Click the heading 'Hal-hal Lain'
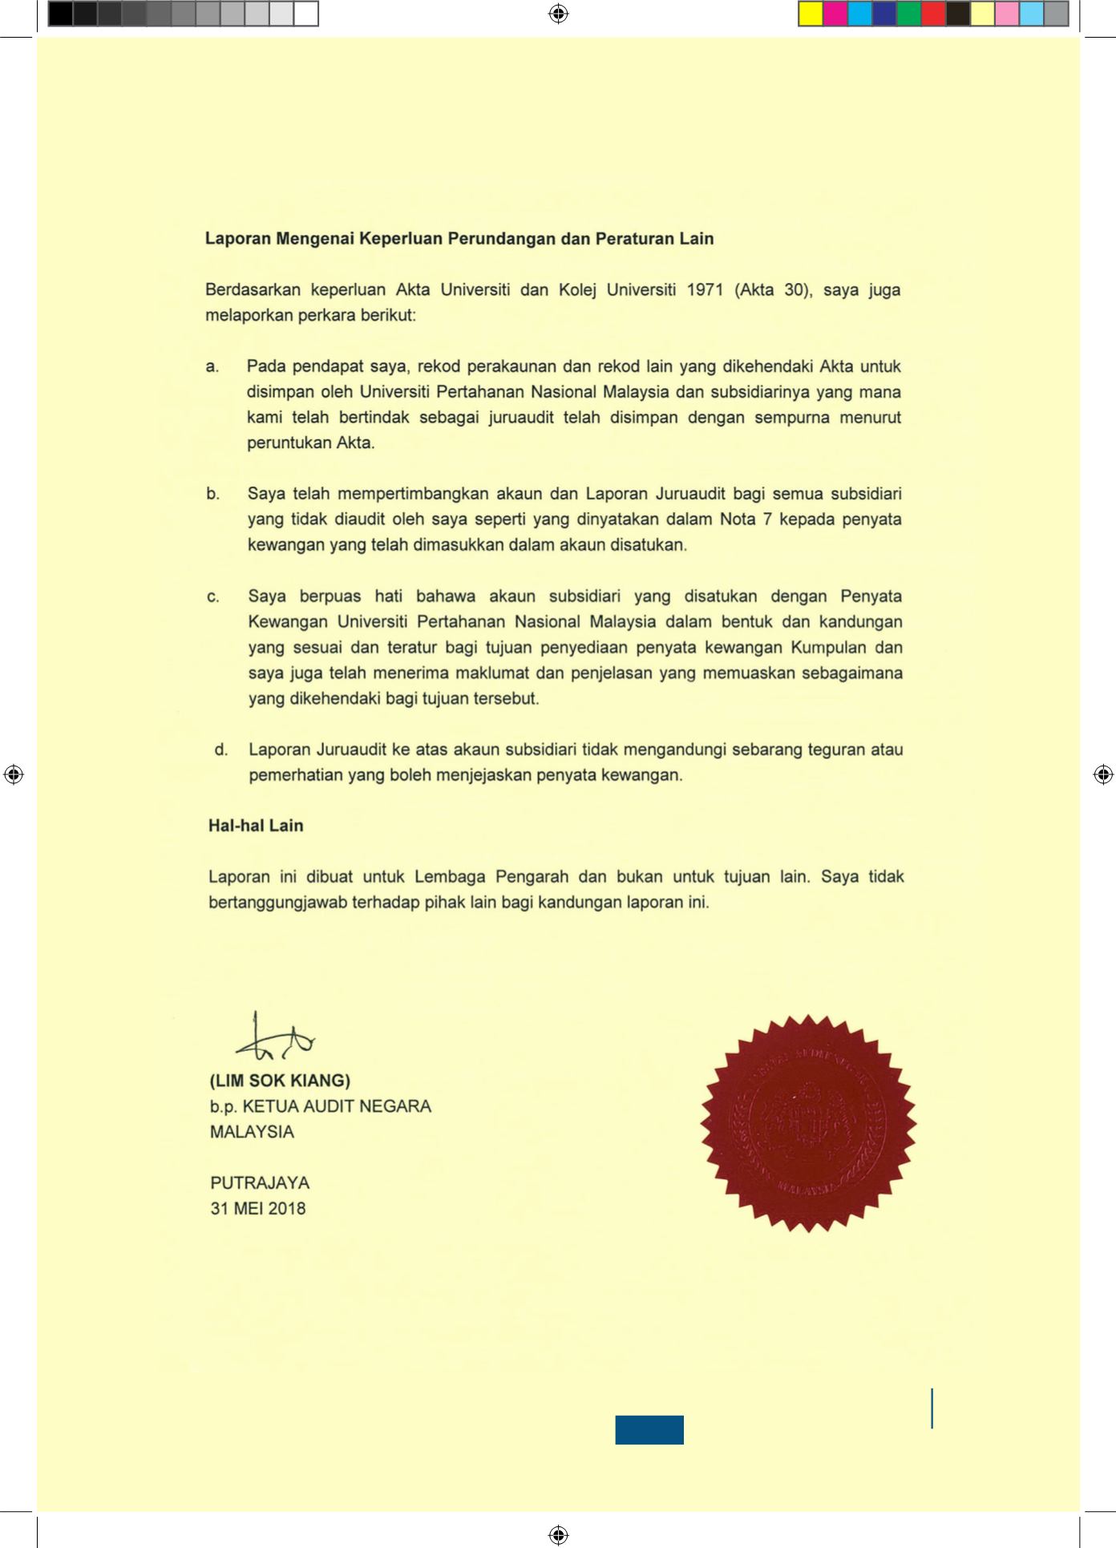point(256,826)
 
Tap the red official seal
point(808,1122)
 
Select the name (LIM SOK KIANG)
point(280,1081)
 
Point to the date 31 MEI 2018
point(257,1209)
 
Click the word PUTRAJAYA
point(260,1183)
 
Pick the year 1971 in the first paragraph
point(705,290)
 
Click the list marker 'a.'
point(212,367)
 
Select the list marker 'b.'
point(212,495)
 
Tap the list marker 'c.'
point(213,597)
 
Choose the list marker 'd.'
point(221,750)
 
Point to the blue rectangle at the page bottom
point(649,1429)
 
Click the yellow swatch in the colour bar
point(811,14)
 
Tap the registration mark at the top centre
point(559,14)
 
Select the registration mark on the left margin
point(14,774)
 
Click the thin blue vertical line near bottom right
point(932,1409)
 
